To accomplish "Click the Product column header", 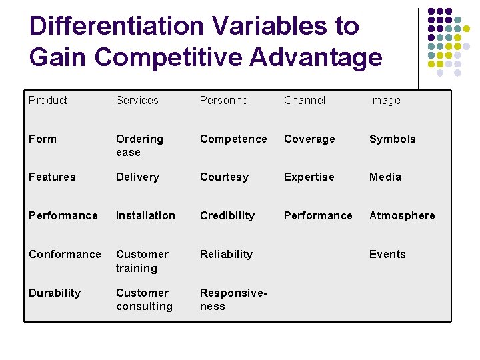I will coord(48,100).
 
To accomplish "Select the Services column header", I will coord(137,100).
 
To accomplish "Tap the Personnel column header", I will coord(225,100).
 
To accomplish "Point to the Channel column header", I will coord(305,100).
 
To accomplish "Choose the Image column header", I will coord(385,100).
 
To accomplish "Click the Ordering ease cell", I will coord(139,145).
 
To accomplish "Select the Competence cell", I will coord(233,139).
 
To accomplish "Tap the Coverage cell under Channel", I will coord(309,139).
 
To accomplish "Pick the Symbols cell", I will coord(392,139).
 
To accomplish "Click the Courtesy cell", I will coord(224,177).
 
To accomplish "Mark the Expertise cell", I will coord(309,177).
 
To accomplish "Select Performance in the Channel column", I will coord(318,215).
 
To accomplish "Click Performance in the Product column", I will coord(63,215).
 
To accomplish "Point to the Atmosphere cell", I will coord(401,215).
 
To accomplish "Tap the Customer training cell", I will coord(142,261).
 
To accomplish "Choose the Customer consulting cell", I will coord(144,299).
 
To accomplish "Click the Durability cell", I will coord(55,293).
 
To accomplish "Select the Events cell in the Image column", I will coord(387,254).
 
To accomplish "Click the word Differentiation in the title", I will coord(116,26).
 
